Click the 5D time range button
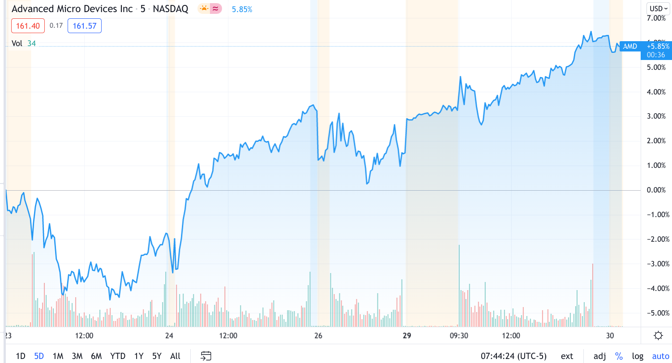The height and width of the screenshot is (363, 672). coord(39,356)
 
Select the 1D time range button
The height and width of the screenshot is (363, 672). coord(21,356)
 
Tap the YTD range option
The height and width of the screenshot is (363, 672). coord(118,356)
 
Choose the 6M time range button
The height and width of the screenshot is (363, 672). coord(96,356)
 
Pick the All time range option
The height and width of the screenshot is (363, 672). coord(175,356)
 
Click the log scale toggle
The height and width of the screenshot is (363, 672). coord(638,356)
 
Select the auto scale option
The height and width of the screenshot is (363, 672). coord(660,356)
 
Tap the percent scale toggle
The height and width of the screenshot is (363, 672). coord(619,356)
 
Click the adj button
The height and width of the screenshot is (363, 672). coord(599,356)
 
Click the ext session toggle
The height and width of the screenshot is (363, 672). coord(567,356)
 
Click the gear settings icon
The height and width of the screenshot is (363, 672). coord(658,336)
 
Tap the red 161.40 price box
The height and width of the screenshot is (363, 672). coord(28,26)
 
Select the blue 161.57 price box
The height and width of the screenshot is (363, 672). coord(85,26)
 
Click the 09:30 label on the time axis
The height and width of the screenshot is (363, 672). coord(459,336)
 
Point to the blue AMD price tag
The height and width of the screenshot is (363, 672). coord(630,46)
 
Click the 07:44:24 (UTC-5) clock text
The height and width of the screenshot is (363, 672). coord(514,356)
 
